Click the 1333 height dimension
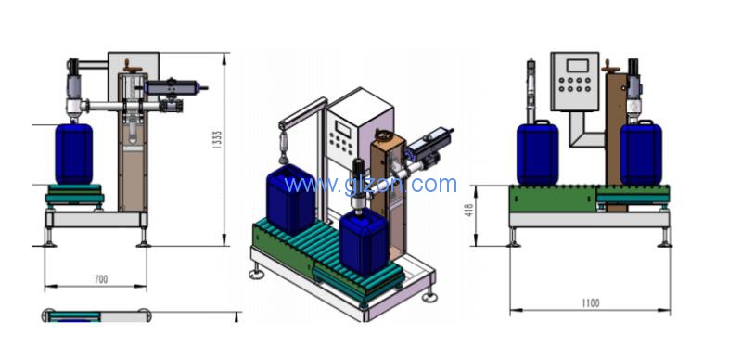coord(217,140)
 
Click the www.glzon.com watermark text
coord(371,184)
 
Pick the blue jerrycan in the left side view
coord(74,153)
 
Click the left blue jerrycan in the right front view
coord(537,152)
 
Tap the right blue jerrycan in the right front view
coord(640,152)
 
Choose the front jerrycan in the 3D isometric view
coord(363,243)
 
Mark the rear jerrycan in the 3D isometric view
coord(290,198)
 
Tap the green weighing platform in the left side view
coord(74,194)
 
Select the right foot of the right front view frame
coord(664,238)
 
